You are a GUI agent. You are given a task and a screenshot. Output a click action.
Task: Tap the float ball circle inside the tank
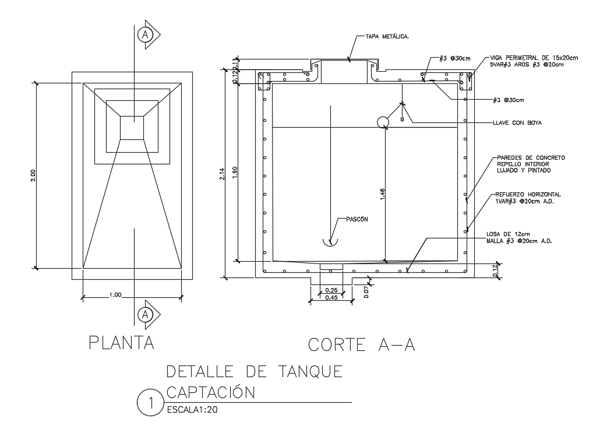tap(383, 122)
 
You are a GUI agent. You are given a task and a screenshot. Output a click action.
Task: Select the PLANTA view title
tap(121, 343)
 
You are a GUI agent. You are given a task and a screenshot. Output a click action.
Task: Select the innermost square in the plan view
tap(132, 128)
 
